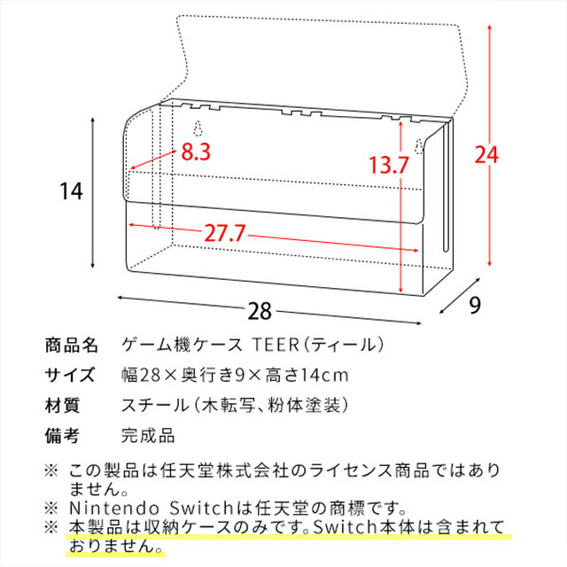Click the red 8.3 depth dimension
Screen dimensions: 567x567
[196, 151]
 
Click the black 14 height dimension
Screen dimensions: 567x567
[71, 190]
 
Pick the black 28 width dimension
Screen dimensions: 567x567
[260, 312]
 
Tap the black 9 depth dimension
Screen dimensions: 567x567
[475, 305]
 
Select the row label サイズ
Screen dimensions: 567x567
[68, 375]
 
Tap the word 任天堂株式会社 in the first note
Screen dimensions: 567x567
[217, 469]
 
